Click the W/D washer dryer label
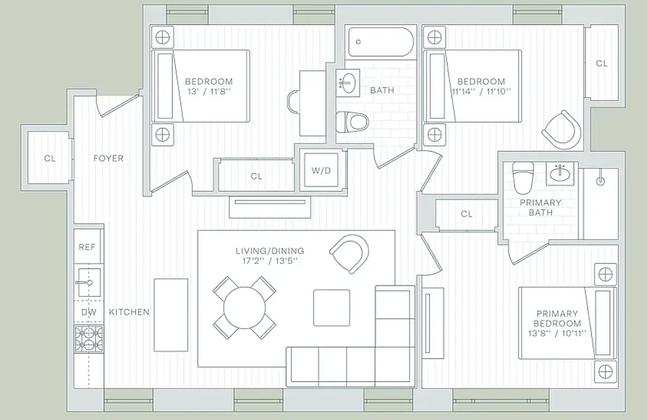click(x=321, y=171)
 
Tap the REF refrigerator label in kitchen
click(x=87, y=246)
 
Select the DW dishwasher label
click(x=87, y=312)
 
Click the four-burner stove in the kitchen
click(x=88, y=339)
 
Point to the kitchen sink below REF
click(x=87, y=282)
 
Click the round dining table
click(x=245, y=308)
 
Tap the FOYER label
click(x=108, y=158)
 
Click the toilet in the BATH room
click(x=352, y=122)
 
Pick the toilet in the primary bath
click(x=523, y=177)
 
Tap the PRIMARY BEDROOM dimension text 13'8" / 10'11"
click(x=557, y=333)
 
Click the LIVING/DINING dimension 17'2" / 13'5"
click(x=269, y=260)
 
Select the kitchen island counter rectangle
click(x=171, y=315)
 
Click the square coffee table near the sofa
click(x=331, y=308)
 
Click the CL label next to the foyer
click(x=49, y=159)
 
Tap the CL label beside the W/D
click(x=256, y=176)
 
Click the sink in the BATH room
click(x=348, y=82)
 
